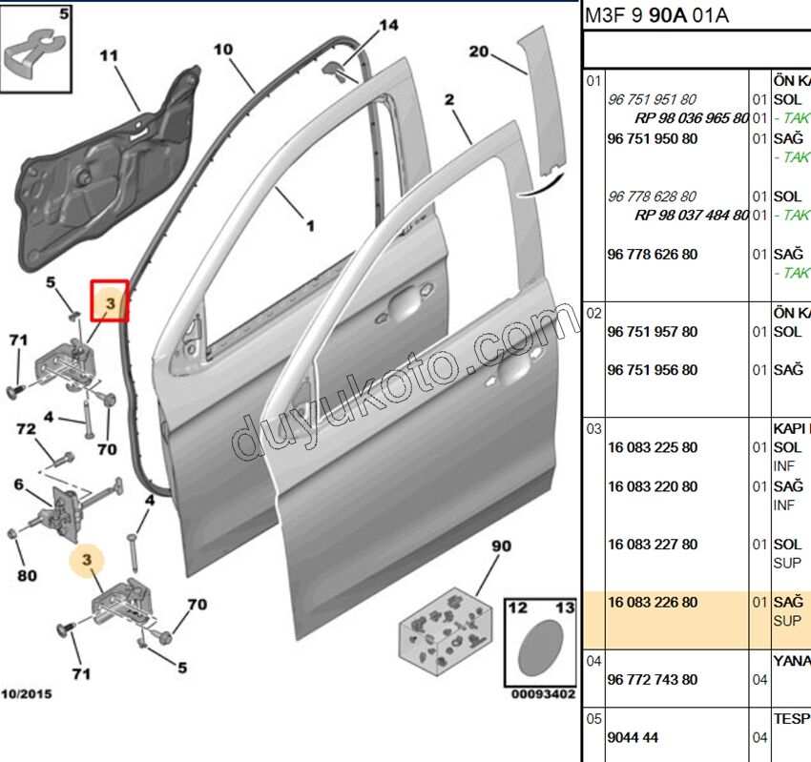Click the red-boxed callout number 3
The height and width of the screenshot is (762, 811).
[110, 302]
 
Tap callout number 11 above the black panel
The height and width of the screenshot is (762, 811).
[109, 56]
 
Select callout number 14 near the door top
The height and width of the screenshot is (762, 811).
[387, 26]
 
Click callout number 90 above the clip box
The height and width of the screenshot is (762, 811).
[502, 546]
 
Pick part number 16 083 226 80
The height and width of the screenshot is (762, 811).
[652, 603]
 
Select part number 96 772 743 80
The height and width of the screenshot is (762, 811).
[652, 680]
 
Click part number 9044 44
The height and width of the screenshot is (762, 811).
[633, 737]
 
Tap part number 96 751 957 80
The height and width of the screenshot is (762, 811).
[652, 332]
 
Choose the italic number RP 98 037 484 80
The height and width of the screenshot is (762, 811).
[692, 216]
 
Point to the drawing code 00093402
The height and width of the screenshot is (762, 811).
[543, 694]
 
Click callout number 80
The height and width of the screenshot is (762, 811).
[26, 575]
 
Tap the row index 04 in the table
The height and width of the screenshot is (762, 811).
[593, 660]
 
